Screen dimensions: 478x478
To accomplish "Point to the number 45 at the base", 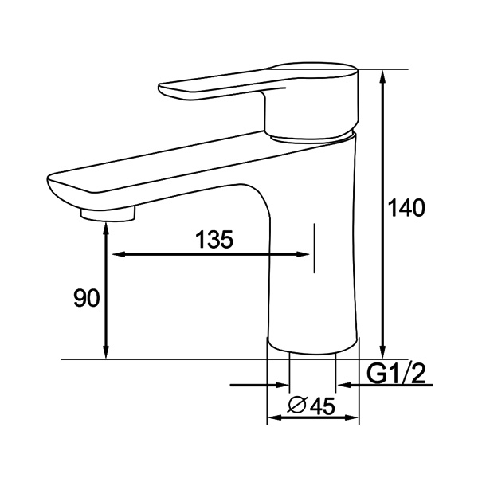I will pos(320,406).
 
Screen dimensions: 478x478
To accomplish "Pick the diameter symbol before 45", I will pos(294,406).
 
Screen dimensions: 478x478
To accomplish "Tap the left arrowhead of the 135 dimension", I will pos(116,255).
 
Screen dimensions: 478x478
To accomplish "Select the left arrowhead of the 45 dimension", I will pos(273,417).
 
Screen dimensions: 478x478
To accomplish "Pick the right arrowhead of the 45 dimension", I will pos(355,417).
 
